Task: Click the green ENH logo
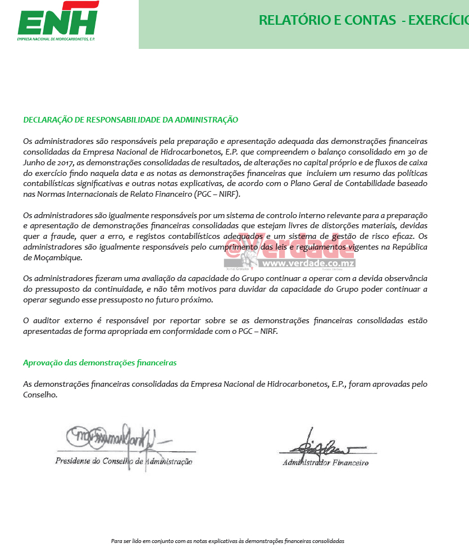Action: pos(58,19)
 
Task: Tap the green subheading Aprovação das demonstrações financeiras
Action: pos(99,363)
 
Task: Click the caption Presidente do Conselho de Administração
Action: pos(124,461)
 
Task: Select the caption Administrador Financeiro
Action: pos(325,463)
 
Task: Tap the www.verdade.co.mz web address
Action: pos(308,263)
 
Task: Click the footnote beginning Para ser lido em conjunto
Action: pos(227,541)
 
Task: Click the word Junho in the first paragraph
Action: pos(34,162)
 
